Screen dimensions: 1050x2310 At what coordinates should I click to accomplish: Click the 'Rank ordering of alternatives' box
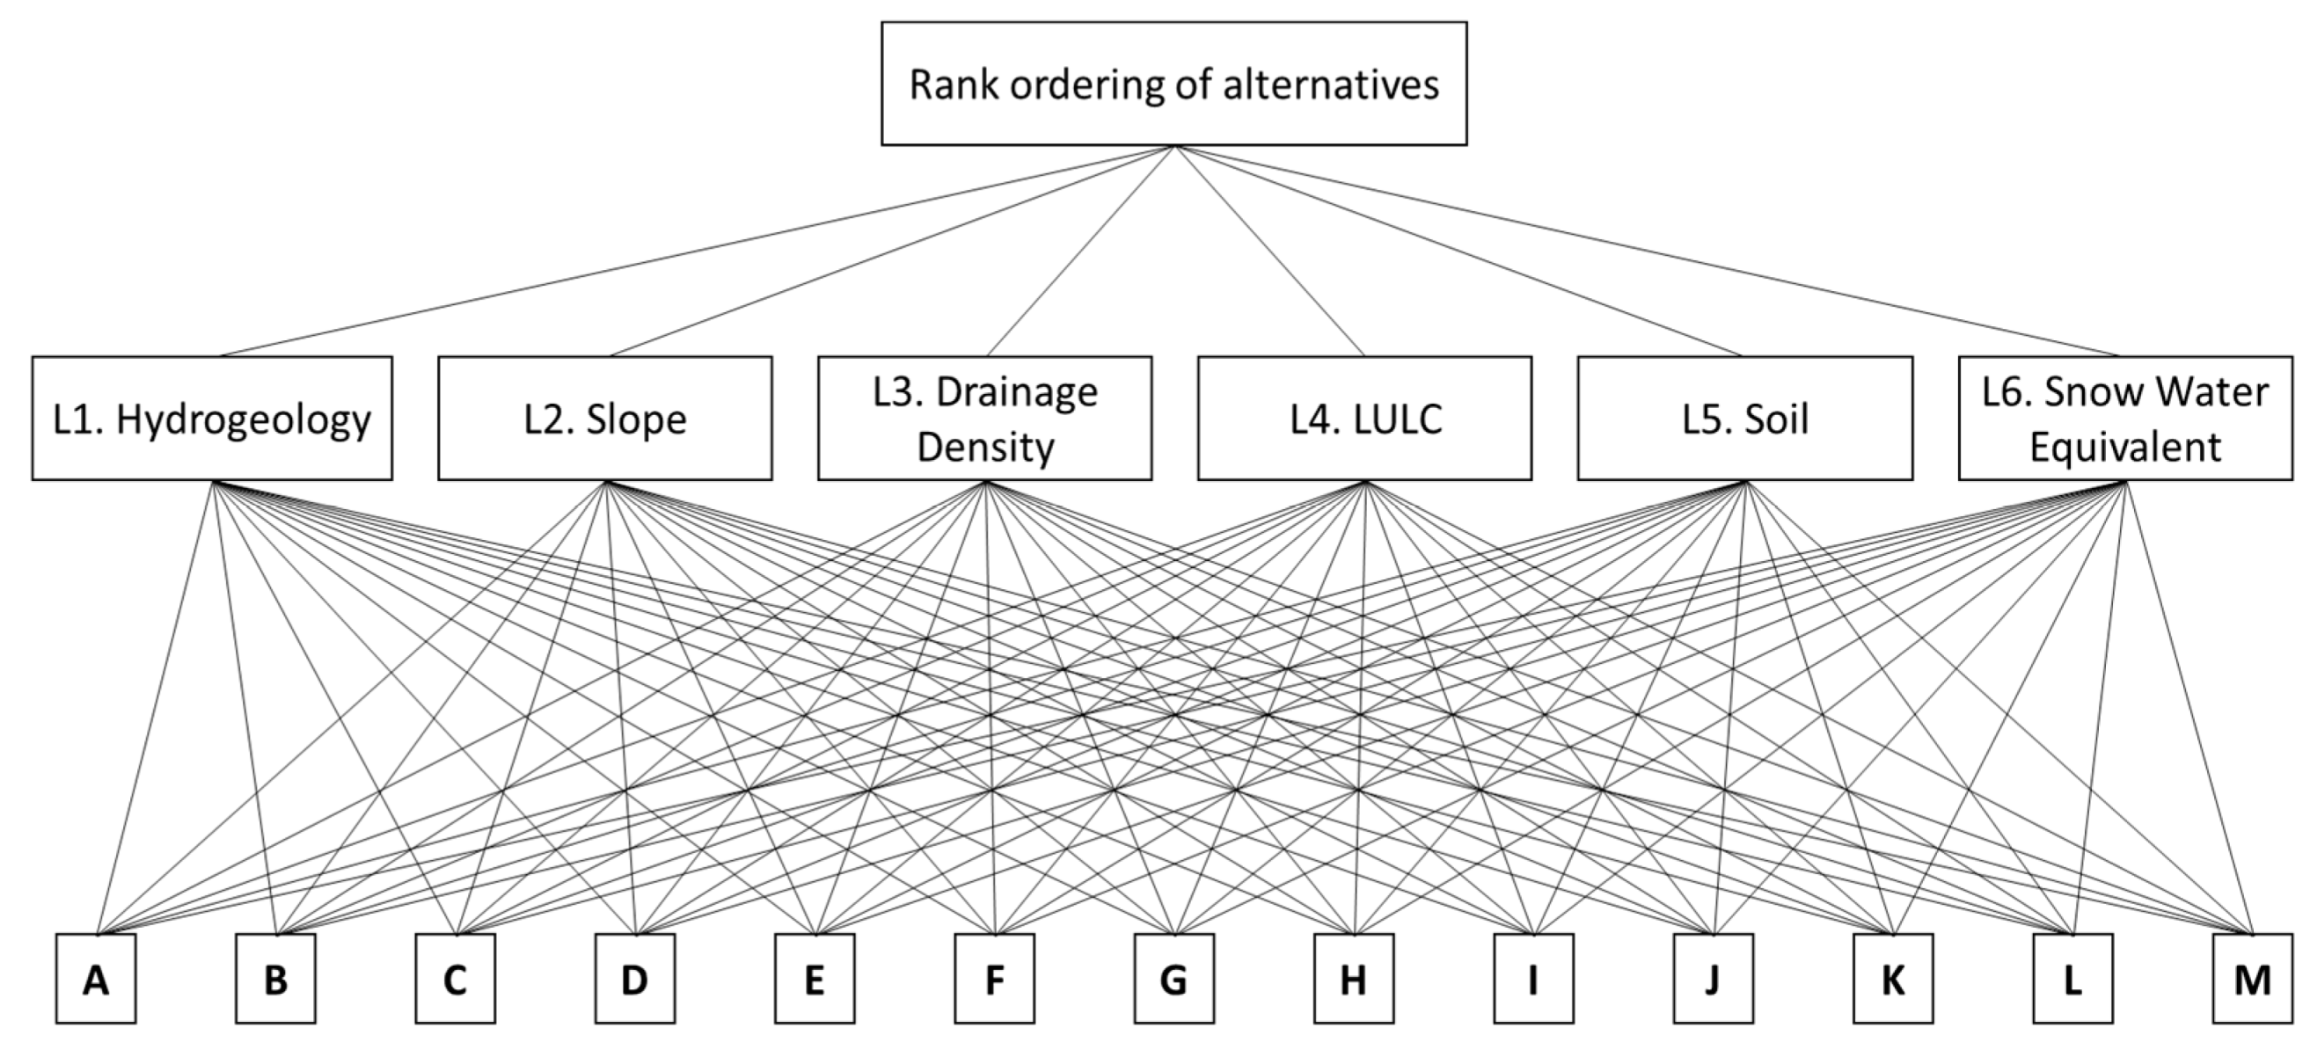(1173, 84)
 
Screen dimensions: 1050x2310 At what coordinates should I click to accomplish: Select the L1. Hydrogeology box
(212, 419)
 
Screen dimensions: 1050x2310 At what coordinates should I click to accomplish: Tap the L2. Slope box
(604, 419)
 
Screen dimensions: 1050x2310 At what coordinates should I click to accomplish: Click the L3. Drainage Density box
(984, 419)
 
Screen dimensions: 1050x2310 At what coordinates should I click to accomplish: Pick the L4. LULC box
(1364, 419)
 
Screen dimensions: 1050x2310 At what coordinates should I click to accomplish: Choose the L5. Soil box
(1744, 419)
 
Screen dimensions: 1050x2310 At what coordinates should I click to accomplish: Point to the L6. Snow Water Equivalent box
(2124, 419)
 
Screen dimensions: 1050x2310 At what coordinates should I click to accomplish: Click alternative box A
(96, 978)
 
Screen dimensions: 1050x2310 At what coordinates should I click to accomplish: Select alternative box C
(455, 978)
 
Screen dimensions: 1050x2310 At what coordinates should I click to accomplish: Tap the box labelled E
(815, 978)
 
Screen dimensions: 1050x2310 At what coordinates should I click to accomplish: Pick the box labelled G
(1173, 978)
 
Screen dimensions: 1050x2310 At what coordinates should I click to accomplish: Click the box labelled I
(1532, 978)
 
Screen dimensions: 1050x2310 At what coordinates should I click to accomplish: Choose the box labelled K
(1892, 978)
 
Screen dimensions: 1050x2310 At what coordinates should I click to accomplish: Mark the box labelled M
(2251, 978)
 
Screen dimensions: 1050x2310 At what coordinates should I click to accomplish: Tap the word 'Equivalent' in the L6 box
(2124, 448)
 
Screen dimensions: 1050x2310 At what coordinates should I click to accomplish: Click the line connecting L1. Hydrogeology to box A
(154, 709)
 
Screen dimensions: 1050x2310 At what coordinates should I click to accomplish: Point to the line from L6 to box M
(2188, 709)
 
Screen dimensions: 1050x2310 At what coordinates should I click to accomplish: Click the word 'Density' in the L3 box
(984, 448)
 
